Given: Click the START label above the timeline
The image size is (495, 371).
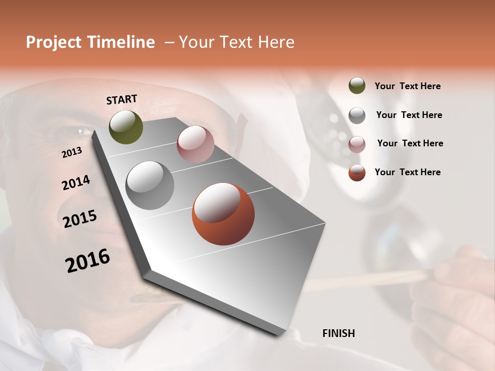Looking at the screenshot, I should coord(122,99).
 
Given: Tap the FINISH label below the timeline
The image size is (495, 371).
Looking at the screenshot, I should coord(339,333).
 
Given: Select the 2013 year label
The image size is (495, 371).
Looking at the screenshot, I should coord(72,153).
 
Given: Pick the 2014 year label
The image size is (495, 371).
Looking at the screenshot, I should coord(76,183).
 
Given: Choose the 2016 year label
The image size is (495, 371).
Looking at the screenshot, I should coord(88,261).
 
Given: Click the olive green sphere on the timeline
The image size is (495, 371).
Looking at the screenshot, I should coord(126,127).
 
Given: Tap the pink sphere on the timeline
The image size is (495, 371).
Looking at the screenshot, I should coord(195,144).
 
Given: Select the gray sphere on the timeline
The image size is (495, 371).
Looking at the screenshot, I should coord(150,185).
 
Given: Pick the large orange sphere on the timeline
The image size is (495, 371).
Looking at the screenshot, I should coord(223,214).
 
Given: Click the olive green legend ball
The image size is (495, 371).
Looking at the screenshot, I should coord(357,86).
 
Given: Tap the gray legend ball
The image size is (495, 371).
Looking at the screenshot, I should coord(357,115).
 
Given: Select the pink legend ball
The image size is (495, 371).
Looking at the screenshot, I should coord(357,144).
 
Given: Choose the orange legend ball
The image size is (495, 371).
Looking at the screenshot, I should coord(357,173).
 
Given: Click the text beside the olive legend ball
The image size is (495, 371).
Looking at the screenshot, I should coord(407,86).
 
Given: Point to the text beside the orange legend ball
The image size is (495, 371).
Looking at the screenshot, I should coord(407,172).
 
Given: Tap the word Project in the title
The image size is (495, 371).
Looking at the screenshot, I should coord(54,43).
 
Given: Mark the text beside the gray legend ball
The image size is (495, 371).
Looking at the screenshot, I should coord(409,115).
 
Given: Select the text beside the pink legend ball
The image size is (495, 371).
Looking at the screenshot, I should coord(410,143).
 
